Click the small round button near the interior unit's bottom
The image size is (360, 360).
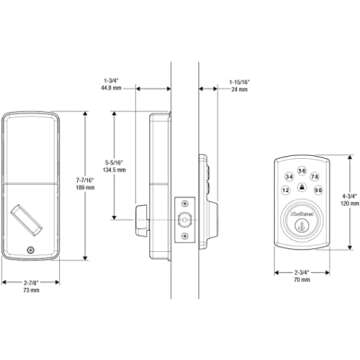[x=28, y=255]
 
